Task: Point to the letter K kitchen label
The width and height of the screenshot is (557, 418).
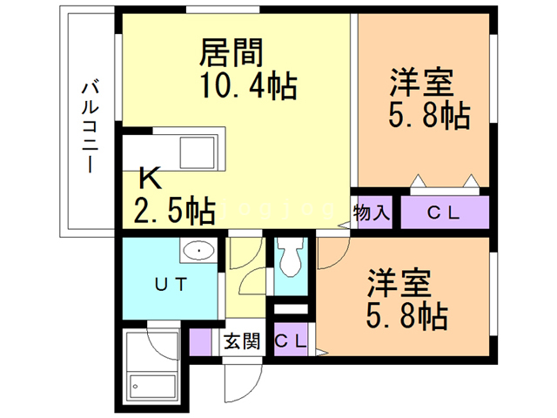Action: click(151, 180)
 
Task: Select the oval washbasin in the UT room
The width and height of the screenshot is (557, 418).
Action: click(201, 251)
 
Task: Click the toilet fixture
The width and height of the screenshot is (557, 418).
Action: click(289, 258)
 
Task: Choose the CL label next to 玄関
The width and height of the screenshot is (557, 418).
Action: click(290, 340)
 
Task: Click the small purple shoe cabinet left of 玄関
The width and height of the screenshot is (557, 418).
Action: click(200, 341)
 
